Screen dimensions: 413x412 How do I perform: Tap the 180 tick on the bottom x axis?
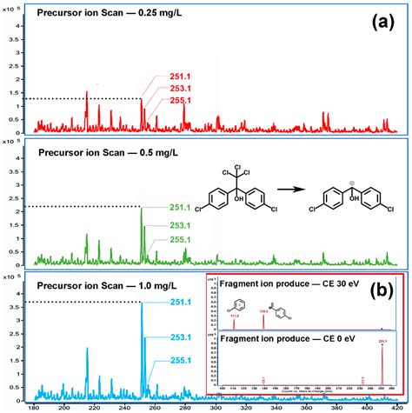[x=34, y=406]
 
